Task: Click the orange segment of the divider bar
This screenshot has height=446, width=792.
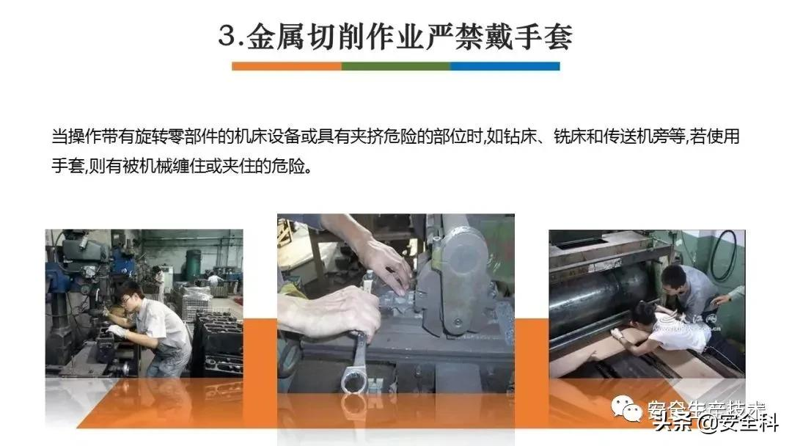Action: point(286,66)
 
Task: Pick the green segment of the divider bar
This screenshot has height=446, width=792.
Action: point(396,66)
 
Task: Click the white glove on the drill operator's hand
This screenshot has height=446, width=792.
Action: point(117,331)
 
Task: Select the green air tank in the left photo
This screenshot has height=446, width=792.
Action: point(194,263)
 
